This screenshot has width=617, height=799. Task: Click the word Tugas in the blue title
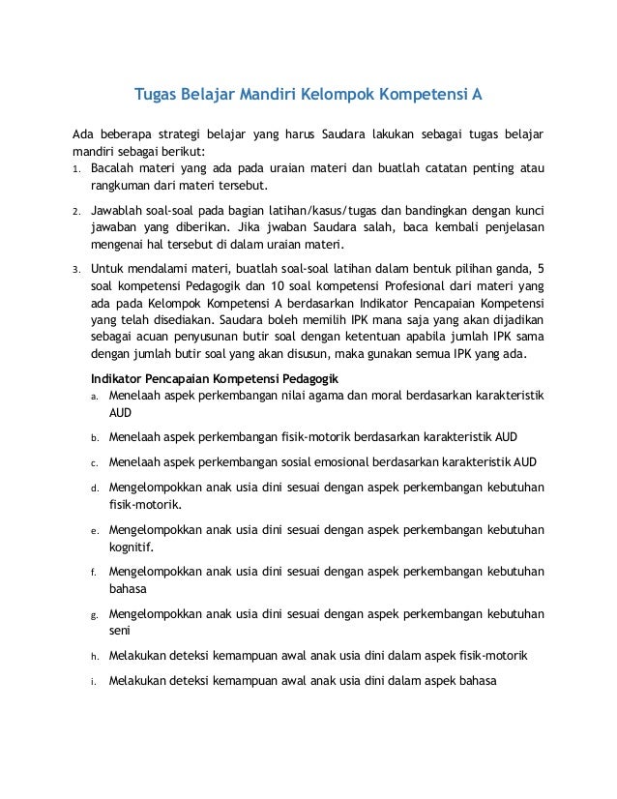click(x=156, y=96)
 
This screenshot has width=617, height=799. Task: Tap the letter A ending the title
click(x=477, y=96)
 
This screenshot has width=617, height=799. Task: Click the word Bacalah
click(x=113, y=168)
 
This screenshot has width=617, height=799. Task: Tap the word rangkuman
click(x=124, y=186)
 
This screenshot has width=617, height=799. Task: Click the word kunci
click(x=527, y=210)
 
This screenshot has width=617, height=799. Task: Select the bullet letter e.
click(x=94, y=530)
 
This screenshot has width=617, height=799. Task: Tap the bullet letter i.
click(x=94, y=680)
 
